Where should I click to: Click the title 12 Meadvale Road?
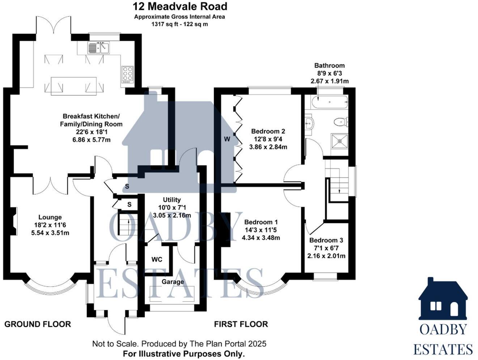point(179,6)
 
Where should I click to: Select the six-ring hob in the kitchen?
point(127,74)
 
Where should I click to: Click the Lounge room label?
point(50,217)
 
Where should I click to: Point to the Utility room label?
point(172,200)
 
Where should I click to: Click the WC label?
point(157,259)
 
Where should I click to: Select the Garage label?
point(173,281)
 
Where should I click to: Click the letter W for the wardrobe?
point(227,139)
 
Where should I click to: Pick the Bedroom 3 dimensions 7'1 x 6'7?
point(326,248)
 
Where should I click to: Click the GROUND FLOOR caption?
point(38,324)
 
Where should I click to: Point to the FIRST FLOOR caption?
point(241,324)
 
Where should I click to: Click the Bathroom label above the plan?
point(329,65)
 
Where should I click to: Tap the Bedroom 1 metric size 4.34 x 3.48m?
point(261,238)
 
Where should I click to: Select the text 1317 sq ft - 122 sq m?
point(179,24)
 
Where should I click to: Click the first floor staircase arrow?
point(339,190)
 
